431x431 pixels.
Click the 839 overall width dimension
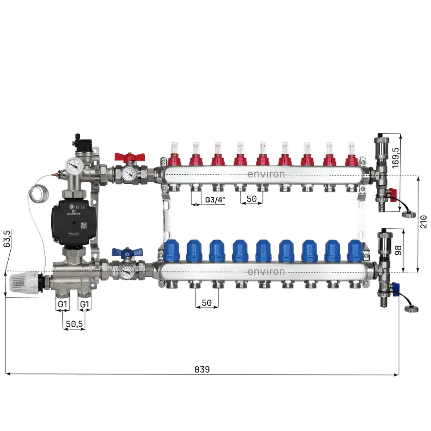(202, 369)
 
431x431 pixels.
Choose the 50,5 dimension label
(74, 324)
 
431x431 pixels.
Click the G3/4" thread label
(215, 200)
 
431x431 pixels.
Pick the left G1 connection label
(62, 304)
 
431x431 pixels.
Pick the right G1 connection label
(85, 304)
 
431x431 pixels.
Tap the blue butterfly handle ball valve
(122, 253)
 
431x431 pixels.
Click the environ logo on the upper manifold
(266, 175)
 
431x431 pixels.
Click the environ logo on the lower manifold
(266, 272)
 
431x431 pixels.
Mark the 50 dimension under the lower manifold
(207, 303)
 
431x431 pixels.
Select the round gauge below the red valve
(128, 174)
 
